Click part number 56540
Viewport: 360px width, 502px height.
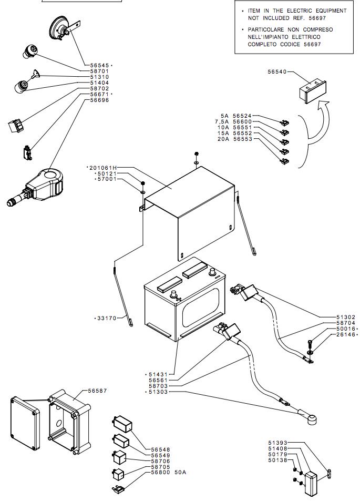(277, 71)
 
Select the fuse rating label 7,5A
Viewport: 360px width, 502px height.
(226, 121)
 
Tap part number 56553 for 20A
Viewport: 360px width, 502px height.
(243, 139)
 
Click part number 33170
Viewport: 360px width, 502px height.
(107, 318)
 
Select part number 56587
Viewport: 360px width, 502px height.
(97, 391)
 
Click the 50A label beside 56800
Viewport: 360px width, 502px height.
(181, 472)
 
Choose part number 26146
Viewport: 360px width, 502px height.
(346, 334)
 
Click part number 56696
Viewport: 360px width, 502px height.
(99, 100)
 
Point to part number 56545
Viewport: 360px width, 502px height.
(99, 65)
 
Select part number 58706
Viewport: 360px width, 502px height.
(161, 460)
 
